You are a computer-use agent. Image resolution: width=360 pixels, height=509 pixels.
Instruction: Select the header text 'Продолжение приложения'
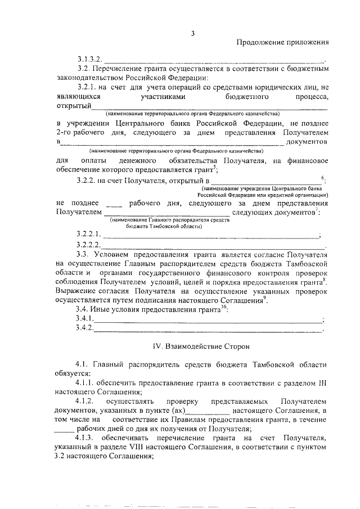(282, 43)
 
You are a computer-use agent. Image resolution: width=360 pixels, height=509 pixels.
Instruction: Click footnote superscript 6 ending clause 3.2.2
(322, 177)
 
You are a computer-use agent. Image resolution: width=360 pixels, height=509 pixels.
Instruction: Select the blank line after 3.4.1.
(208, 320)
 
